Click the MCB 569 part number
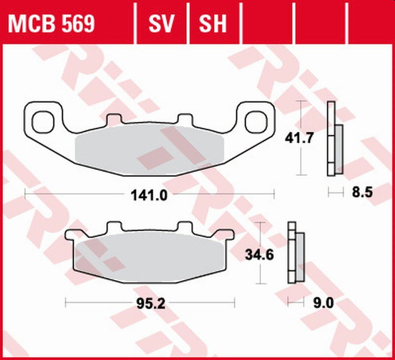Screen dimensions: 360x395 51,23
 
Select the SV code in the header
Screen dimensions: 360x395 161,23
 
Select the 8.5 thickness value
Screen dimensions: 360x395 357,193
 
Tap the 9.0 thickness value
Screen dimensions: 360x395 323,304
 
